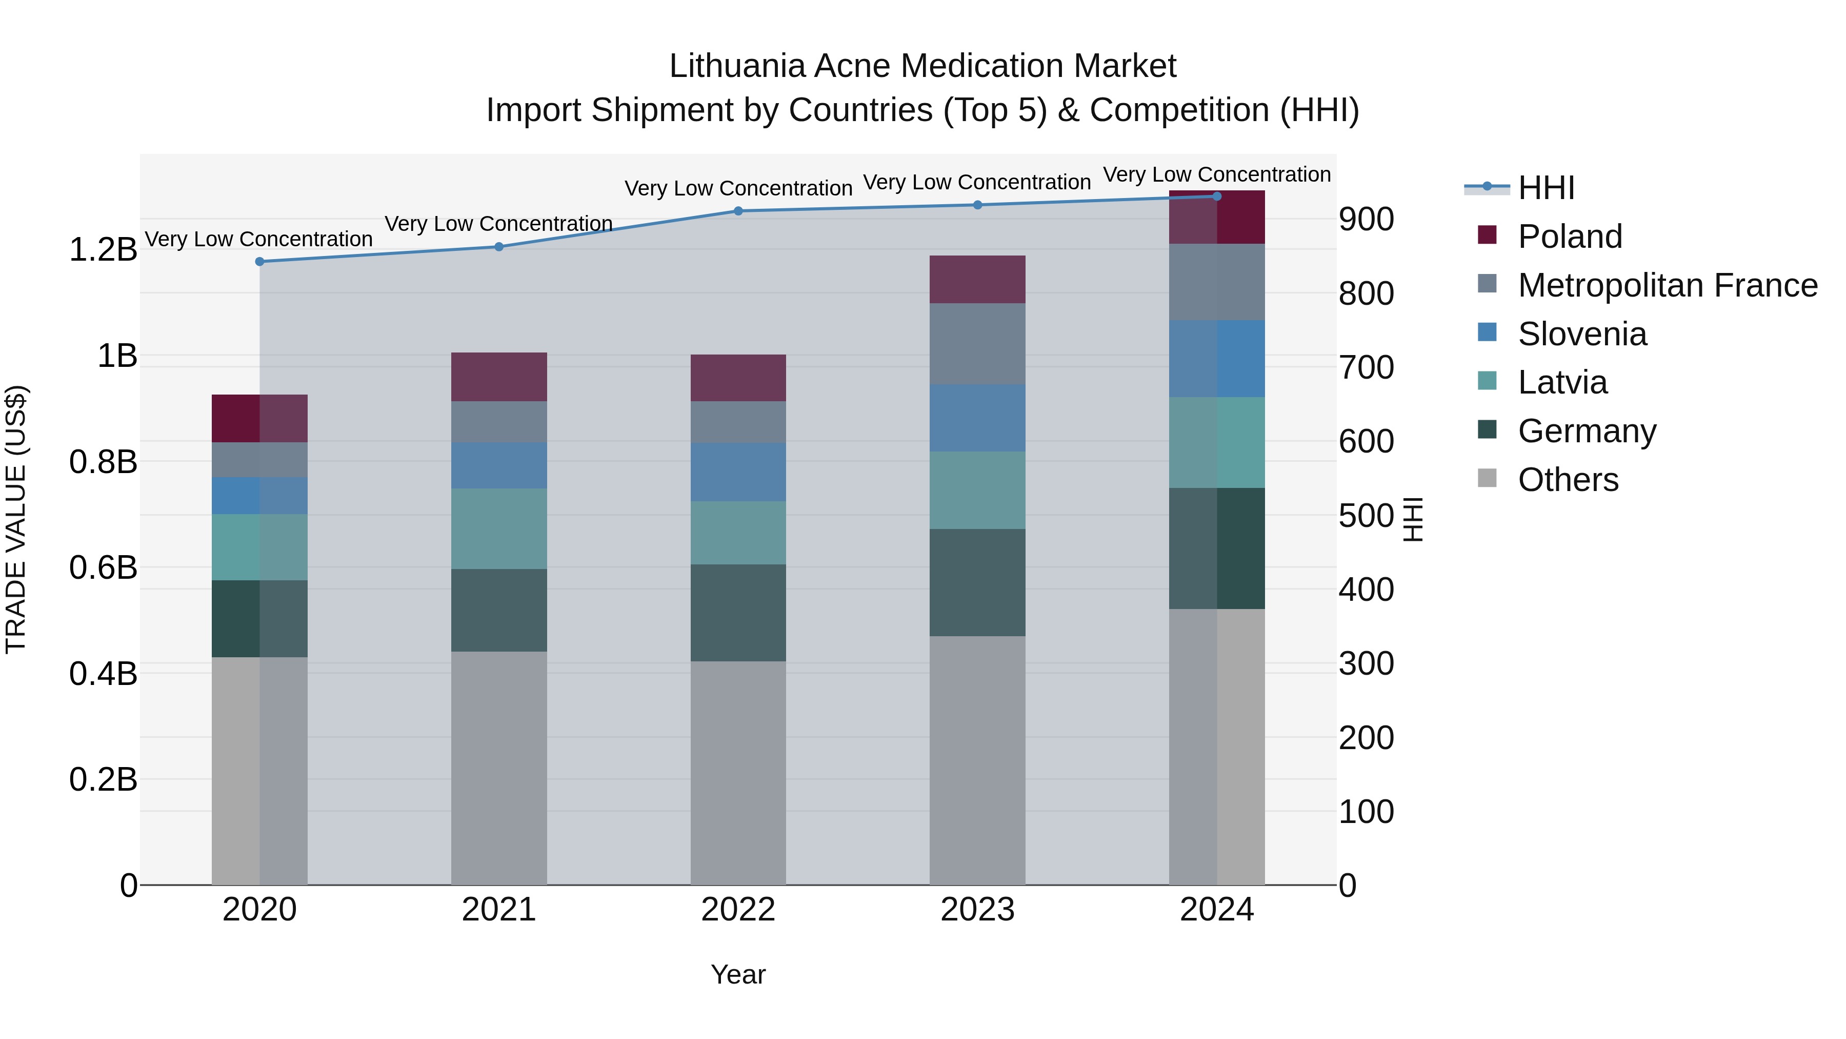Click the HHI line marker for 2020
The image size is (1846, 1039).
(259, 262)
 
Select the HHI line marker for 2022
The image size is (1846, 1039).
(738, 211)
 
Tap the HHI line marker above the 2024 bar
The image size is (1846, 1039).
(1217, 197)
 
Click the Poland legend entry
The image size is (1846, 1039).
(1570, 236)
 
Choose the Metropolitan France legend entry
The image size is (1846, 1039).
(1667, 285)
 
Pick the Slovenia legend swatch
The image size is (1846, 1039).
(1487, 332)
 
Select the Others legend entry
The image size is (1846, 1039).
(1568, 479)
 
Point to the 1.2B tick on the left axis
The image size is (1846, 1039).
(103, 249)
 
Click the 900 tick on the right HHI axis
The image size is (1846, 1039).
(1366, 220)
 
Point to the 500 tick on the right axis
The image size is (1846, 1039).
(1366, 516)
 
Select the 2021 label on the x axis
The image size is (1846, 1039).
(499, 910)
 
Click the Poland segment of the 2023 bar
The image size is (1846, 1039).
(977, 279)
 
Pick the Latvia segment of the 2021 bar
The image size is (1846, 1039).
(499, 528)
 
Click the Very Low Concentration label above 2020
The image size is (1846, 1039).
(259, 239)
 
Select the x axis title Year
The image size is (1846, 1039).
(738, 974)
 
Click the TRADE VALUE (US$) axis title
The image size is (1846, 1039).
(16, 519)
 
